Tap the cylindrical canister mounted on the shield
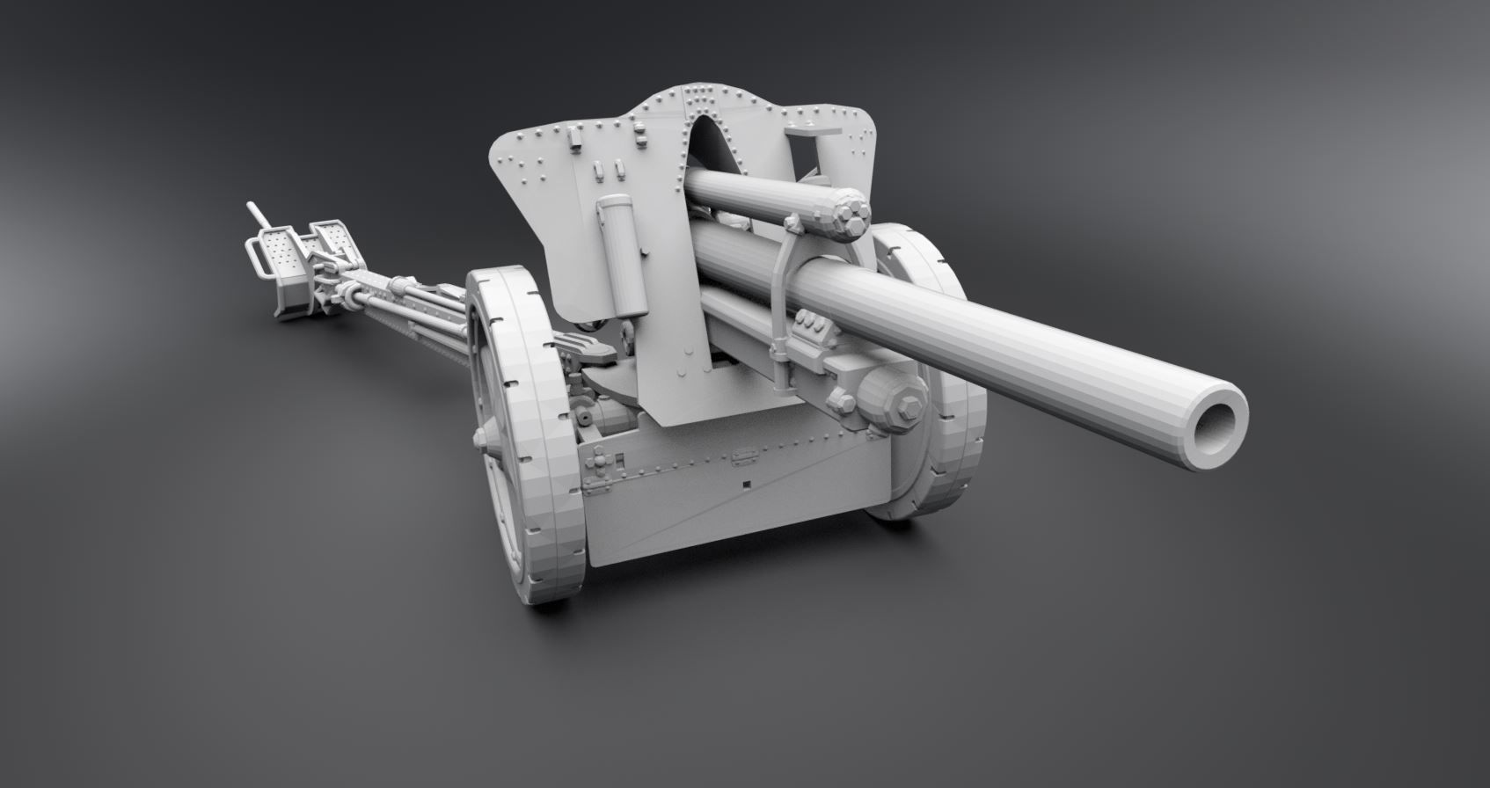point(622,256)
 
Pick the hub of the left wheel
point(483,437)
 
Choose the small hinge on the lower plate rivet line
point(744,456)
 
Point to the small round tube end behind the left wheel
point(583,412)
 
